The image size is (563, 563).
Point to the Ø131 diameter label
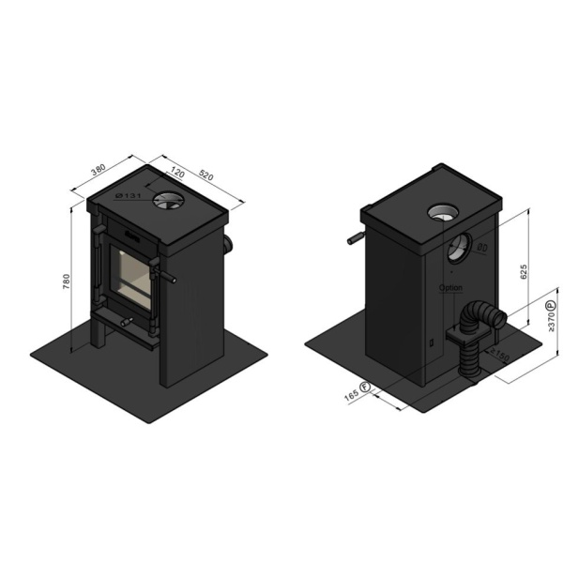point(128,195)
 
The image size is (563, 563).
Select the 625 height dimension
point(526,271)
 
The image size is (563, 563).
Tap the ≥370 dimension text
point(551,321)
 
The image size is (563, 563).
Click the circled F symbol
point(365,388)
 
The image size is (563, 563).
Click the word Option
point(451,288)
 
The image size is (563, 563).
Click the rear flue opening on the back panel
point(458,248)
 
